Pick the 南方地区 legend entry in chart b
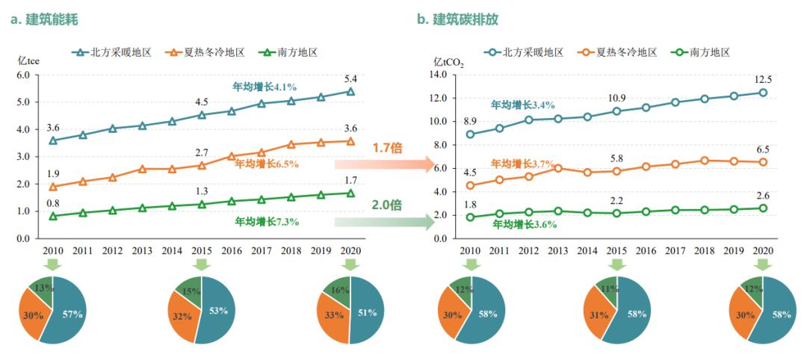pos(699,52)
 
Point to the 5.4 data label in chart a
pos(350,78)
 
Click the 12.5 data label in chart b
pos(763,79)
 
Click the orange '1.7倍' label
pos(388,148)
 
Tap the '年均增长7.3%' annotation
pos(267,222)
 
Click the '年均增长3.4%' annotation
pos(523,105)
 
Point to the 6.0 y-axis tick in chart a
pos(23,75)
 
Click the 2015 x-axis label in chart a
pos(202,249)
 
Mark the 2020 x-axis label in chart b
pos(763,249)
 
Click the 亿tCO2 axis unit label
pos(448,63)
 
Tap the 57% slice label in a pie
pos(72,313)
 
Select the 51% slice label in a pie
pos(367,313)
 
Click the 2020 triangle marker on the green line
pos(350,193)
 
